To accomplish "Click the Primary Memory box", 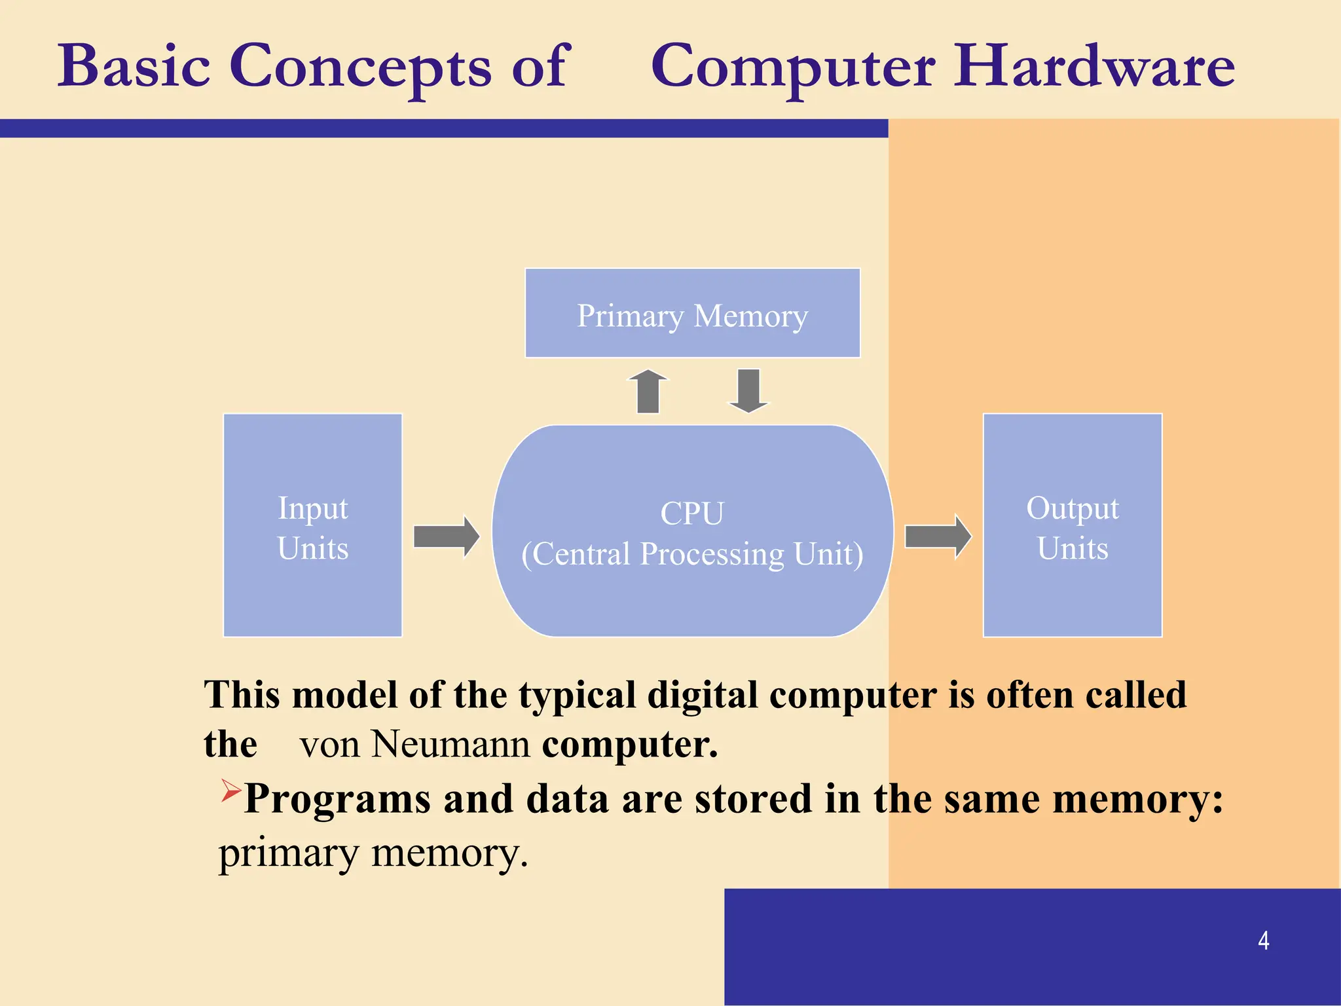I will point(692,314).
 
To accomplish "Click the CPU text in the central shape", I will point(692,513).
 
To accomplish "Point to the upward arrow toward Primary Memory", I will point(648,392).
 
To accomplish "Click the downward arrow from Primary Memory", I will point(748,391).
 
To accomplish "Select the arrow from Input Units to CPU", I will point(447,536).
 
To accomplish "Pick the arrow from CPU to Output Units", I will point(938,536).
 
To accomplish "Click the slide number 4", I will point(1263,941).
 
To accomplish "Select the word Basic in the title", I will point(134,67).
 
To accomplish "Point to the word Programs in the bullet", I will point(337,800).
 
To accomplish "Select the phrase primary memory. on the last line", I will point(373,853).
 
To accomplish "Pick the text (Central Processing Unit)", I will point(692,554).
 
